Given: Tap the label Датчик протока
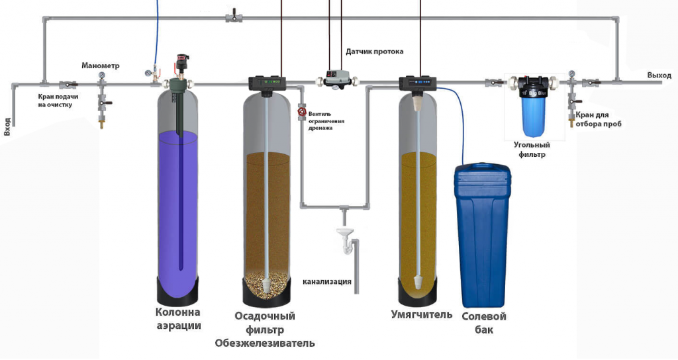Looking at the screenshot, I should click(374, 51).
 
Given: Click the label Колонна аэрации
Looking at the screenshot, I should click(178, 319).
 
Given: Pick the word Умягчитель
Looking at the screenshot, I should click(422, 314).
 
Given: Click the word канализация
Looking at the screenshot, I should click(327, 281).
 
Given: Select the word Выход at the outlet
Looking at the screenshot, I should click(659, 75).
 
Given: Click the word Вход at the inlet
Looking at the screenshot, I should click(7, 126).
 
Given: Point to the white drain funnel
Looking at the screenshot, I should click(344, 233).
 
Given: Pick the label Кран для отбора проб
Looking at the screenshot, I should click(599, 120).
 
